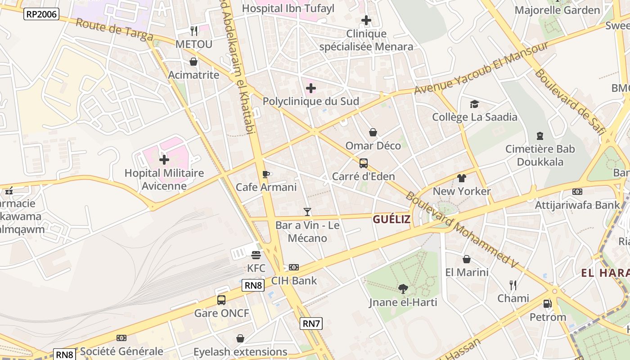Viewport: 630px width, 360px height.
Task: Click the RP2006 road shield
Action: point(41,14)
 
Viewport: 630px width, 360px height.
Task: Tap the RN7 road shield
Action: point(311,323)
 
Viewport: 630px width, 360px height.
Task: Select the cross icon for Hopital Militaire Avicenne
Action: point(164,160)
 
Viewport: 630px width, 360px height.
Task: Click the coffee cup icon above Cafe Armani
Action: point(266,174)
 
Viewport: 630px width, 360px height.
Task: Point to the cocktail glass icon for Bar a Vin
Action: point(307,211)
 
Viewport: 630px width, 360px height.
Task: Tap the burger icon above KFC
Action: point(256,255)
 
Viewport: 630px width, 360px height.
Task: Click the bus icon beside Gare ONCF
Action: point(221,300)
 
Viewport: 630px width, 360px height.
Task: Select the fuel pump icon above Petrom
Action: point(548,304)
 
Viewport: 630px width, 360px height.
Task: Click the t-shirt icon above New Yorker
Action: point(462,178)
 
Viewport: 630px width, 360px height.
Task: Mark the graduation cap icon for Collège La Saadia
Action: point(474,104)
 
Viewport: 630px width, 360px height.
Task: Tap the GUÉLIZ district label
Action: point(391,219)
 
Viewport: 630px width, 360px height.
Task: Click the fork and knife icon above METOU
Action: point(194,31)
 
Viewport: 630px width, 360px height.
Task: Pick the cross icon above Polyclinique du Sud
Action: point(311,88)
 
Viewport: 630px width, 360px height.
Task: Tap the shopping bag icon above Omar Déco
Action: point(373,132)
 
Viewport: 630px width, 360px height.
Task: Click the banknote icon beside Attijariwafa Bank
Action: point(577,192)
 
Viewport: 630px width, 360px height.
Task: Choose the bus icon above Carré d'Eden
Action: point(363,163)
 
